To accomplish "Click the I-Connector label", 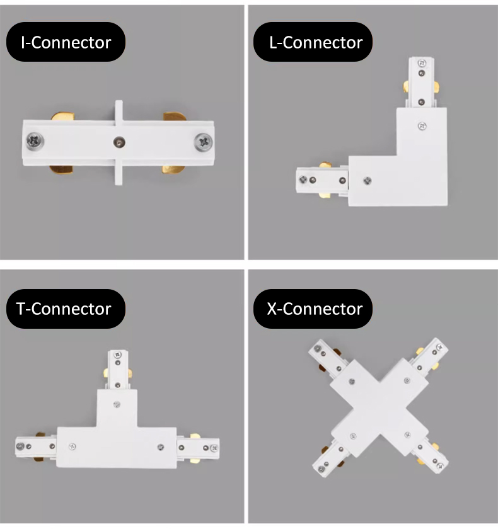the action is [x=66, y=42].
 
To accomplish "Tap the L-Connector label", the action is [x=313, y=42].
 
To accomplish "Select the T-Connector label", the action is [x=66, y=309].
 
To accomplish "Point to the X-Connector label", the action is [x=313, y=309].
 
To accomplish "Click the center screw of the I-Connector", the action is [x=119, y=142].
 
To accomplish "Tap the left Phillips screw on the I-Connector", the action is [x=35, y=141].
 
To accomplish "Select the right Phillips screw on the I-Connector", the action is [x=204, y=142].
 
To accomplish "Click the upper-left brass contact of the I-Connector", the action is [x=63, y=117].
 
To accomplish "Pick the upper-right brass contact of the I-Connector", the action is [x=174, y=117].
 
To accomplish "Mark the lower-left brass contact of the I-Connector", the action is [x=61, y=169].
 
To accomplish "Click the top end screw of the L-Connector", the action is [x=422, y=63].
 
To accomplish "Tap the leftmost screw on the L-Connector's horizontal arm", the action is [x=303, y=179].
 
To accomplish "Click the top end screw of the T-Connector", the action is [x=117, y=355].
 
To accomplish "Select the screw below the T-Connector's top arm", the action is [x=117, y=404].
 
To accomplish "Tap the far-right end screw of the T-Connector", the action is [x=214, y=448].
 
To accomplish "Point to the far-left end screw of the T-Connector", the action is [x=20, y=447].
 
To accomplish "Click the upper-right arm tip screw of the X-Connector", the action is [x=440, y=347].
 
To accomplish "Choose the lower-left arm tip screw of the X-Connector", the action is [x=321, y=469].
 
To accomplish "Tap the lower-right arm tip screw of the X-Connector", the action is [x=440, y=466].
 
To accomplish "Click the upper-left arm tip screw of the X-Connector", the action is [x=317, y=348].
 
